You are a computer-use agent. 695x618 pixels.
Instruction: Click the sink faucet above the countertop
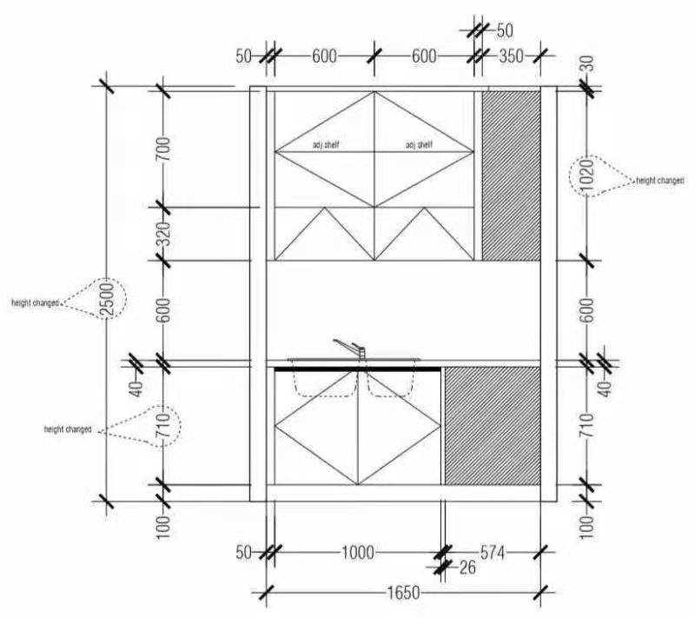(x=351, y=348)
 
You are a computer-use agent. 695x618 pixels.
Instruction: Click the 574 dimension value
(x=493, y=551)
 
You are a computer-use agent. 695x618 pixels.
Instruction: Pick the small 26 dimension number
(x=467, y=568)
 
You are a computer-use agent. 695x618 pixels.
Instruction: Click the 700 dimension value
(x=162, y=150)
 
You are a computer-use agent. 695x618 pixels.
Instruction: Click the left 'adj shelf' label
(x=325, y=145)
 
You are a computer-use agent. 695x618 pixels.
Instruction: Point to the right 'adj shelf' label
(x=419, y=145)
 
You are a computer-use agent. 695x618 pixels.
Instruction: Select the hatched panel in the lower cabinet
(x=493, y=425)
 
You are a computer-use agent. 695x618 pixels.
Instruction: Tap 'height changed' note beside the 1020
(x=660, y=180)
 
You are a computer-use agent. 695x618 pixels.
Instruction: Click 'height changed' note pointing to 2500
(x=35, y=302)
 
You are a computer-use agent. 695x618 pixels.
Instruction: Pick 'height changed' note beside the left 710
(x=68, y=429)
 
